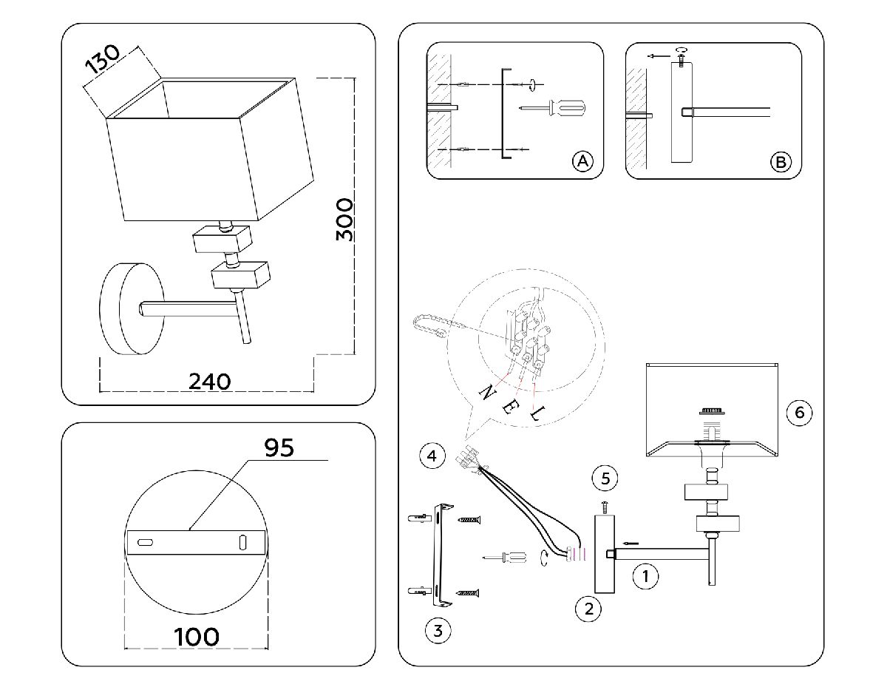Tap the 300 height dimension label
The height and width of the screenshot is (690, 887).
(344, 219)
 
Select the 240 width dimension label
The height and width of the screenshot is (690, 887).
(209, 381)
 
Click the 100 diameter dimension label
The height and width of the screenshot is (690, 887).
(197, 636)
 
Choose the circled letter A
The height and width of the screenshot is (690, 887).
(582, 161)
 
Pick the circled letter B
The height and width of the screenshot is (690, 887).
(781, 162)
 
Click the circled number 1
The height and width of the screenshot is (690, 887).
(646, 575)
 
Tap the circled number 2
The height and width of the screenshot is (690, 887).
(588, 609)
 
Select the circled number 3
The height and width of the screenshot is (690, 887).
(438, 631)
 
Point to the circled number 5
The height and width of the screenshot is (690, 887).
(605, 478)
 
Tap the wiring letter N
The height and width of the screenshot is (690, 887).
(487, 393)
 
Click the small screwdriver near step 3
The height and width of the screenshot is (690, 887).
(504, 558)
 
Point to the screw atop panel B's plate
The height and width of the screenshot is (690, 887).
(681, 54)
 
